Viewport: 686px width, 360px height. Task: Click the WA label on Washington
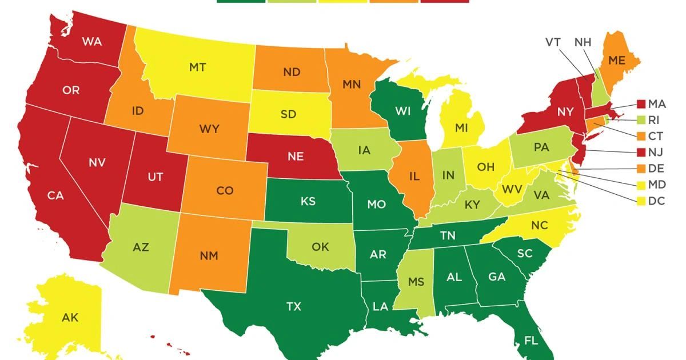[x=92, y=41]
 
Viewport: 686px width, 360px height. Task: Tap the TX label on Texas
[x=293, y=307]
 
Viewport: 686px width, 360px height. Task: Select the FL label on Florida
[x=531, y=341]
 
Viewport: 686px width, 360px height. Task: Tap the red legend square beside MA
[x=641, y=105]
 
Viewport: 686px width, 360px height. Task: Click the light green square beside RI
[x=641, y=121]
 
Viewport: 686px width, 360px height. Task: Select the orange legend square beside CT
[x=641, y=137]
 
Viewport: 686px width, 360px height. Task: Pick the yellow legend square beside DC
[x=641, y=201]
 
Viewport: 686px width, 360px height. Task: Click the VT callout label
[x=553, y=42]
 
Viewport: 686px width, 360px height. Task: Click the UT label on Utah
[x=155, y=177]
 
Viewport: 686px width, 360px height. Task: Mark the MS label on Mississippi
[x=417, y=282]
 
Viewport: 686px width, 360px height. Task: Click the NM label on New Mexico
[x=209, y=256]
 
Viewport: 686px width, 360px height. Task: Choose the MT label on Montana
[x=197, y=67]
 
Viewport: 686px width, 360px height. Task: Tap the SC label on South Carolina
[x=525, y=253]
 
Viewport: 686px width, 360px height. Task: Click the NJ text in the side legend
[x=657, y=153]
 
